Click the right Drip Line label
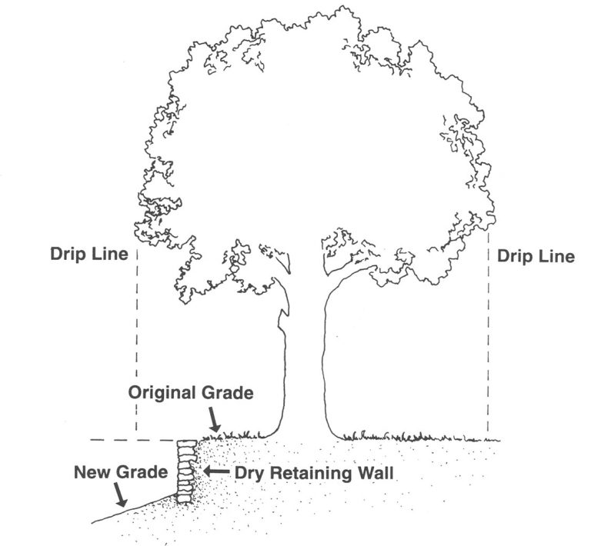point(536,257)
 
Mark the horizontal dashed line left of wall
point(131,441)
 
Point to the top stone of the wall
point(187,444)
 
